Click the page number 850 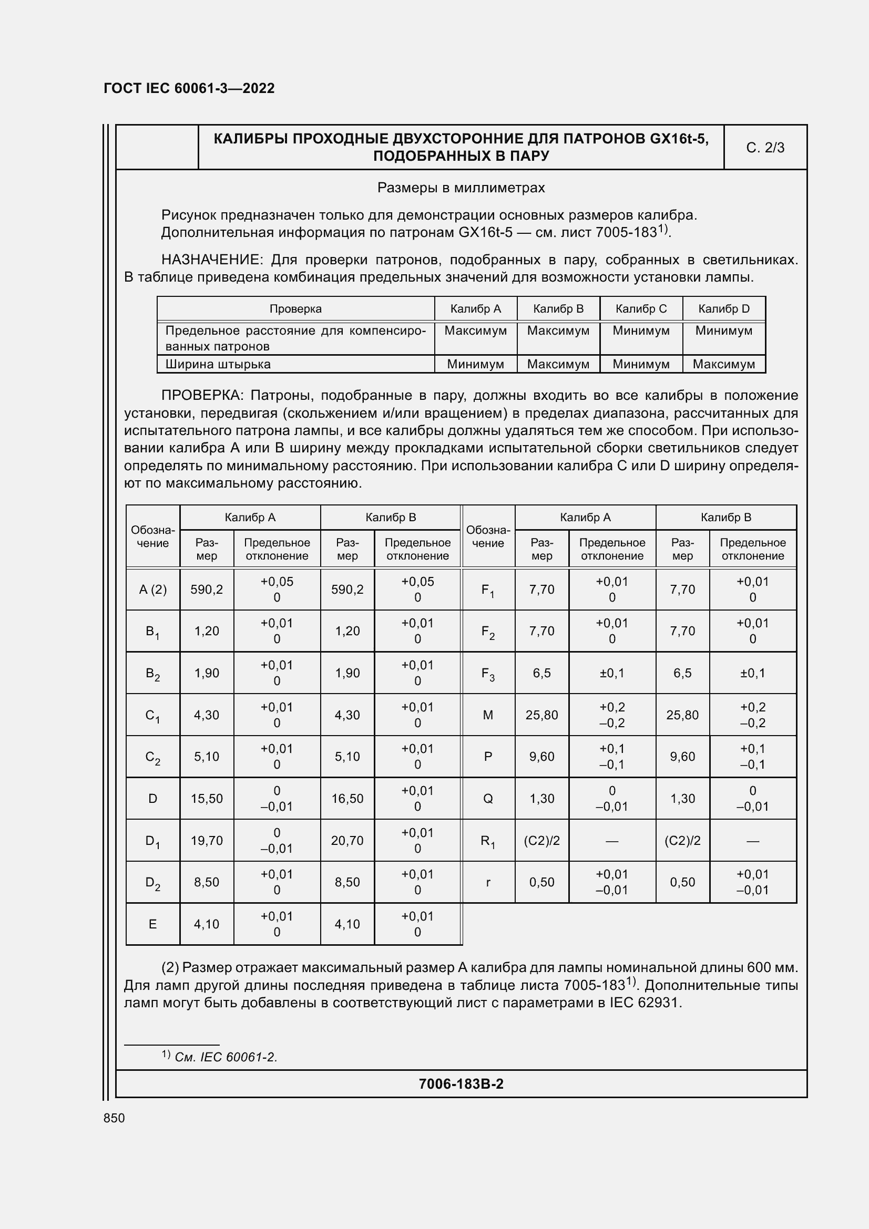[114, 1118]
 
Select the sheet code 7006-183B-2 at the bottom [461, 1084]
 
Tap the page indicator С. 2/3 [765, 148]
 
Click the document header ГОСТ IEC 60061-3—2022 [189, 88]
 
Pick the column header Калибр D [723, 309]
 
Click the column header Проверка [295, 309]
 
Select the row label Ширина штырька [218, 365]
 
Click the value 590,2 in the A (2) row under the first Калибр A [207, 590]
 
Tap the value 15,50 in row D [207, 799]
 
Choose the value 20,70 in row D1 [347, 840]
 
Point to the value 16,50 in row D [347, 799]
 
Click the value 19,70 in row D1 [207, 840]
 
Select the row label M [488, 715]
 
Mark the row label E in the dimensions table [152, 924]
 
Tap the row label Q [488, 799]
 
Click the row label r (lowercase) [488, 882]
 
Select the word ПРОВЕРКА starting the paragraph [202, 396]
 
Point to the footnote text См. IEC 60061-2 [226, 1057]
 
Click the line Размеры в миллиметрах [461, 188]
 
